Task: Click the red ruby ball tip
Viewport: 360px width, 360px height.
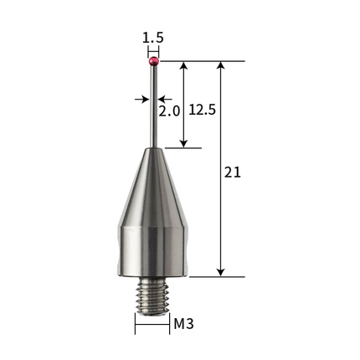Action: point(153,61)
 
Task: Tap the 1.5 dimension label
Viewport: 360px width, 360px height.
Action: point(152,38)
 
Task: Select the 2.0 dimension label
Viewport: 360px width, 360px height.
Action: point(169,111)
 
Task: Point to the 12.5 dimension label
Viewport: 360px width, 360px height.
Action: point(203,110)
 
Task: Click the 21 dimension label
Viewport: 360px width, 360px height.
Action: point(233,172)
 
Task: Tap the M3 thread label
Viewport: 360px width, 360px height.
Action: point(183,324)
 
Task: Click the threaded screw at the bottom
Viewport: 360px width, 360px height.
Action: point(152,297)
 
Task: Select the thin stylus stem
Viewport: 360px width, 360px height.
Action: point(154,106)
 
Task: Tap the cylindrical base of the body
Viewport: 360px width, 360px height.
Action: point(152,252)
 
